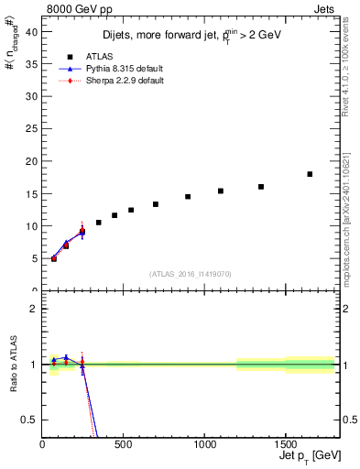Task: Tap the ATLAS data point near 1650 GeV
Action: pyautogui.click(x=310, y=174)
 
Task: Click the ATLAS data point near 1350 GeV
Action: pyautogui.click(x=261, y=187)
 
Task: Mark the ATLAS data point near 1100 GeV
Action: pyautogui.click(x=221, y=191)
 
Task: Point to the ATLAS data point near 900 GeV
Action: pyautogui.click(x=188, y=197)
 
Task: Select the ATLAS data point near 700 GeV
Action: pyautogui.click(x=156, y=204)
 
